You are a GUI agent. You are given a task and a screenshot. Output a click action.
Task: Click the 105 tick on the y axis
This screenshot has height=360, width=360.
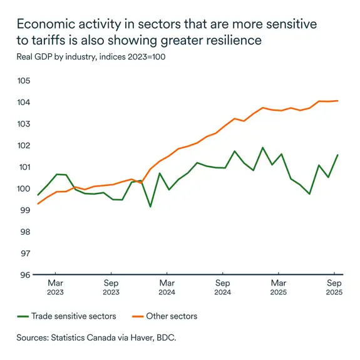(x=23, y=81)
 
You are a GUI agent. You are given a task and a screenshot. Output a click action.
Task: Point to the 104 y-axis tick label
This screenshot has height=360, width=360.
(x=23, y=102)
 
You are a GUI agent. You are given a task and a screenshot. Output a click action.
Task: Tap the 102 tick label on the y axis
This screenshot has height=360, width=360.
(x=23, y=145)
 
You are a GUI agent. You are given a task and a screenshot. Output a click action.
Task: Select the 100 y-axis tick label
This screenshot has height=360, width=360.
(x=23, y=188)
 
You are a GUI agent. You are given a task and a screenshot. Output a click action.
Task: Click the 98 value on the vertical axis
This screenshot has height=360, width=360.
(x=24, y=232)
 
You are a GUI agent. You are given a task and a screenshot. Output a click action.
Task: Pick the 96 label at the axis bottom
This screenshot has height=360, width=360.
(x=24, y=275)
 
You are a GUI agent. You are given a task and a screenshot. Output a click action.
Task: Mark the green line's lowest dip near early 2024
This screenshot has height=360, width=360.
(x=150, y=206)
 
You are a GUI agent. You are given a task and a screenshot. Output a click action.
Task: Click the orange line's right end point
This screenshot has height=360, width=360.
(x=338, y=101)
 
